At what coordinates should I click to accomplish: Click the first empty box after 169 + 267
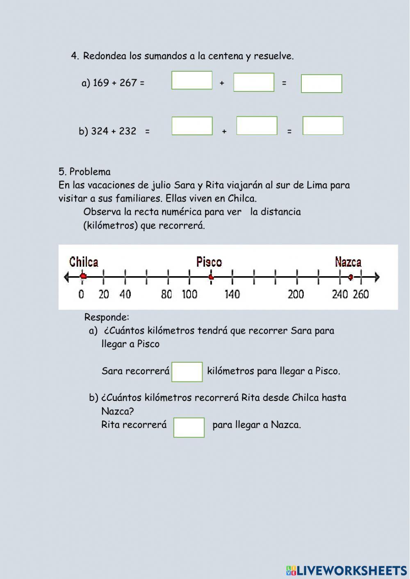[192, 80]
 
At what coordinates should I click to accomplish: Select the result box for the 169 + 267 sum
[321, 84]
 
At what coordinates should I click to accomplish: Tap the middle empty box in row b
[257, 126]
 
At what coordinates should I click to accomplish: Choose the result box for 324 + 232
[323, 126]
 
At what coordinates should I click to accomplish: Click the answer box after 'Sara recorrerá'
[187, 372]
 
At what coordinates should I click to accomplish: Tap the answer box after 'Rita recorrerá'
[189, 427]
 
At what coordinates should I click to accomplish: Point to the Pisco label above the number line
[209, 262]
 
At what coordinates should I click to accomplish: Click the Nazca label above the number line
[348, 262]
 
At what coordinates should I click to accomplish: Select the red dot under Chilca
[83, 277]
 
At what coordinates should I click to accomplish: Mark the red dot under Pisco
[211, 277]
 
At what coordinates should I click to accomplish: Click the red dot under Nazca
[351, 277]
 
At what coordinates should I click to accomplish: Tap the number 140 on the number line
[232, 294]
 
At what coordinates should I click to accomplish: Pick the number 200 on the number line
[296, 294]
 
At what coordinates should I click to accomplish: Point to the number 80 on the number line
[166, 294]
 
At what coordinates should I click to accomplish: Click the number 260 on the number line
[361, 294]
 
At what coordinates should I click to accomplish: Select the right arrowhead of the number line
[377, 277]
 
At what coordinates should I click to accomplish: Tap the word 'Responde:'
[107, 317]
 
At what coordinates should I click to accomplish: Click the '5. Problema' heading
[84, 172]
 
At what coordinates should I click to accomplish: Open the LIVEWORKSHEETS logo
[346, 570]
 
